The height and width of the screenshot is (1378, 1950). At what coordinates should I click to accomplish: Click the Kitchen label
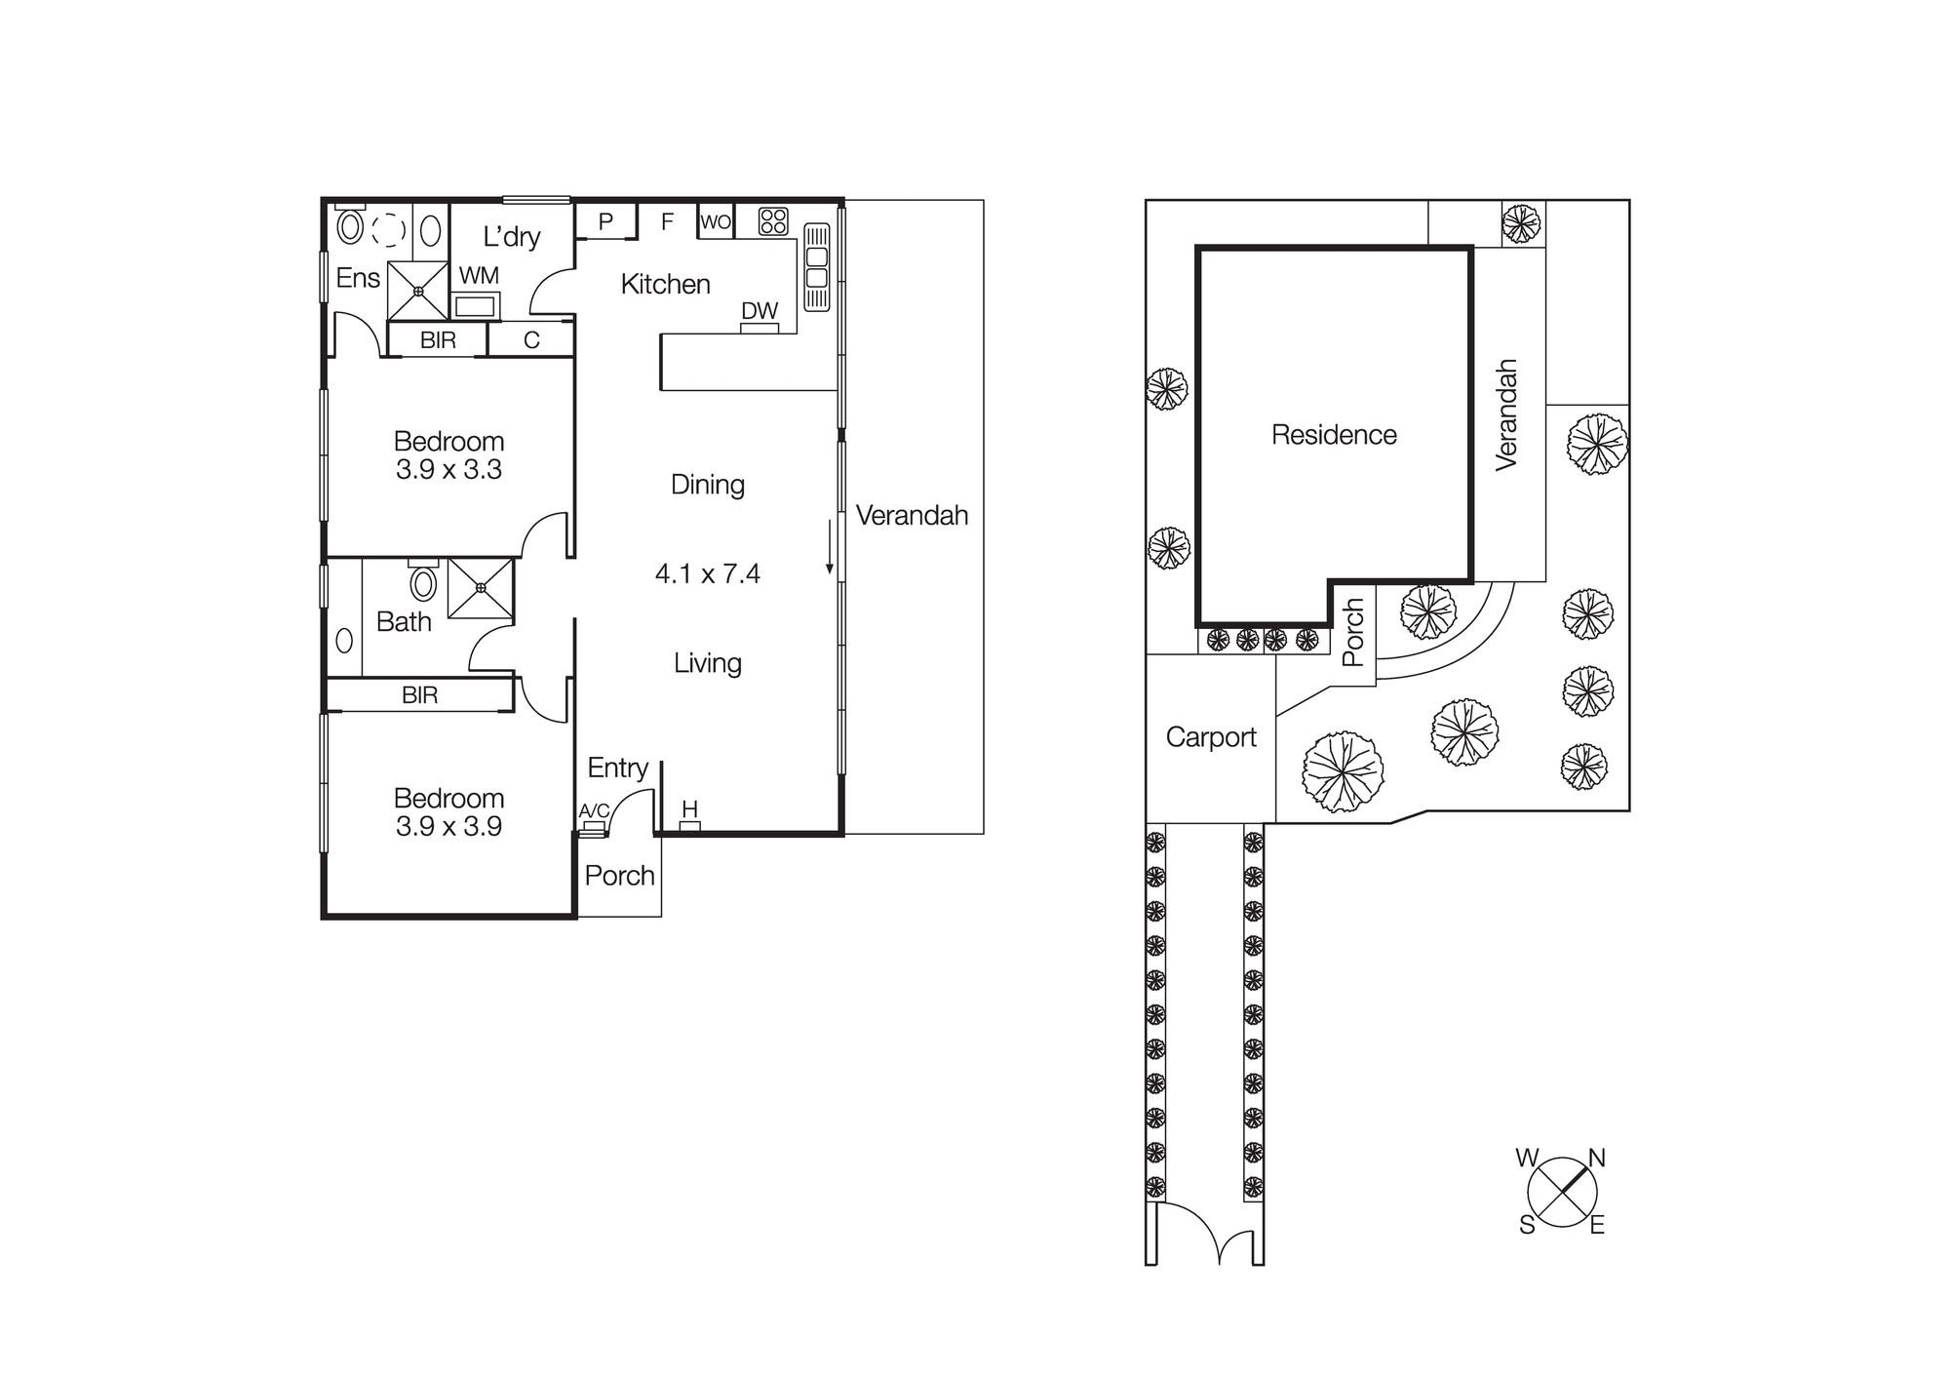click(665, 284)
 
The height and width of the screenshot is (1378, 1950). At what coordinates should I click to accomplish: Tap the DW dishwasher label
click(760, 310)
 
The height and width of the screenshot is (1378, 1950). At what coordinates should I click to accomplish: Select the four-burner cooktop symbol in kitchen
click(773, 221)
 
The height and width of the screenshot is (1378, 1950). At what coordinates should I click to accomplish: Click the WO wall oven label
click(716, 221)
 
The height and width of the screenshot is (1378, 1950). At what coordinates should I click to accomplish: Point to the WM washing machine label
click(479, 276)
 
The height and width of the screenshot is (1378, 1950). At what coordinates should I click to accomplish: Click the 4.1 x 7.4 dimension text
click(707, 573)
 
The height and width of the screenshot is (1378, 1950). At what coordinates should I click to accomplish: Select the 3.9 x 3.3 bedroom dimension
click(448, 469)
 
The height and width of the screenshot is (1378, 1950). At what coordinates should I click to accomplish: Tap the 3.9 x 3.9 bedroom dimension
click(448, 826)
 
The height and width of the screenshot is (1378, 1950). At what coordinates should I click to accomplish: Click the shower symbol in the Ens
click(418, 291)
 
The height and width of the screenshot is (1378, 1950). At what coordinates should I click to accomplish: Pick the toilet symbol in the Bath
click(423, 583)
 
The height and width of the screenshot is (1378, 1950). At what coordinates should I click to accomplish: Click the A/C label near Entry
click(594, 810)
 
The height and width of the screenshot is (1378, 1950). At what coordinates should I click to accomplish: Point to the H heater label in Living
click(689, 808)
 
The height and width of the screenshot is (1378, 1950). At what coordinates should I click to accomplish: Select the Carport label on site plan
click(1211, 737)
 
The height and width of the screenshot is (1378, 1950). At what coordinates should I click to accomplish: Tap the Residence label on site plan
click(1334, 434)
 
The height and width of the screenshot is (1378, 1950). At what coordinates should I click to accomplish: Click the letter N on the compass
click(1597, 1158)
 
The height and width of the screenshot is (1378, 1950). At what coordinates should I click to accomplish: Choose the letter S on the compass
click(1527, 1225)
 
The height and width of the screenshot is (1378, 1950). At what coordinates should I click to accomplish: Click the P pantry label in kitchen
click(605, 221)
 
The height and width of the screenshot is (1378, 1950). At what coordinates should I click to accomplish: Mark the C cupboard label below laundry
click(531, 340)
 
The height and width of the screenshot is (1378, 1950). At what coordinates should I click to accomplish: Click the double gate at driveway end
click(1205, 1234)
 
